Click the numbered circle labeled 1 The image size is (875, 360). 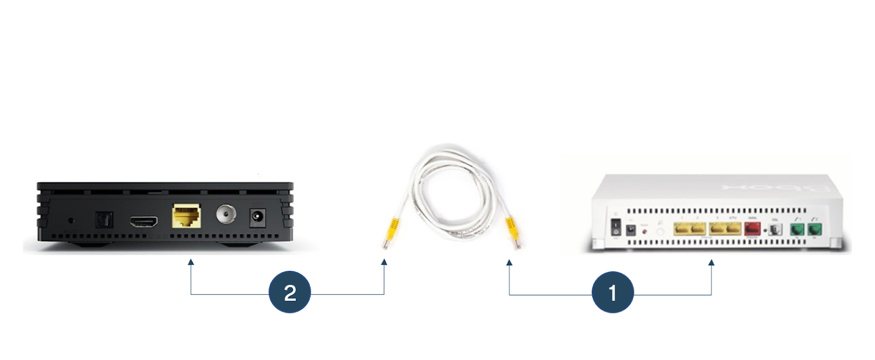(612, 293)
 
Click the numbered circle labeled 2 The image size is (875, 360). (290, 293)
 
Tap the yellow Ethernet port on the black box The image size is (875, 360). (186, 216)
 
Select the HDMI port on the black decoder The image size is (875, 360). (144, 222)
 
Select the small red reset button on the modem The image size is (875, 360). (645, 232)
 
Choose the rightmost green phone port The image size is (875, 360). (815, 229)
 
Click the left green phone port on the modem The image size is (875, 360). (797, 229)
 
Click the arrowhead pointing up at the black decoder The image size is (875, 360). (191, 262)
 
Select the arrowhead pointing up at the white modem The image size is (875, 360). (711, 263)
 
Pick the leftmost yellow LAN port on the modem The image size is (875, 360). (681, 229)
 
